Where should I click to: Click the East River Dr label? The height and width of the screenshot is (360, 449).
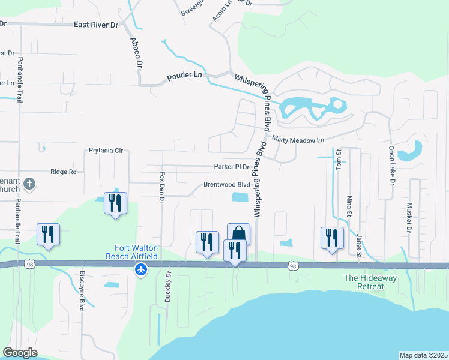point(96,25)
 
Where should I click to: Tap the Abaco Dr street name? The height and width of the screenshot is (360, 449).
point(136,53)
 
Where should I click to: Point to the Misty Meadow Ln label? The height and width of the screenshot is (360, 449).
point(298,140)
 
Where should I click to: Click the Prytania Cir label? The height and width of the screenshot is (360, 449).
point(105,151)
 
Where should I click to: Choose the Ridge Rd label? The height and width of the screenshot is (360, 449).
point(64,172)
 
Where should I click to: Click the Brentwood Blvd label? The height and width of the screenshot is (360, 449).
point(226,185)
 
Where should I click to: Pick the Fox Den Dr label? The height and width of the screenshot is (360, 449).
point(161,188)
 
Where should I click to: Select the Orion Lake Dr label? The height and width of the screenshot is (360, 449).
point(391,165)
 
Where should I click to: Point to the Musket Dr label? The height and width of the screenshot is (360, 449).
point(409,218)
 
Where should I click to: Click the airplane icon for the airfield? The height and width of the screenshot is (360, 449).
point(141,269)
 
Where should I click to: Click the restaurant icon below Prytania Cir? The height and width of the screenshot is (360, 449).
point(115,203)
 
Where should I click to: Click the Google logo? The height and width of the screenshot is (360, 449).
point(20,352)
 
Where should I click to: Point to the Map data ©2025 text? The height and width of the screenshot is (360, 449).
point(423,355)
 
